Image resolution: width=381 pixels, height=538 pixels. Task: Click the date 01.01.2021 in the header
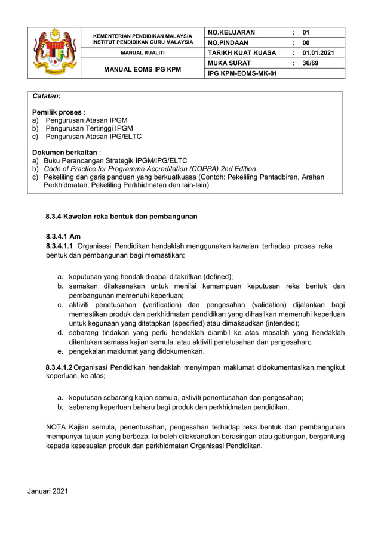click(318, 52)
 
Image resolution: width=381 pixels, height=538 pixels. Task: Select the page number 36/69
click(310, 63)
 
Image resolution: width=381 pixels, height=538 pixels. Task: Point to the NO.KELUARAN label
click(231, 32)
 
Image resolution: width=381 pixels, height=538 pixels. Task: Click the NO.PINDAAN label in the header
click(228, 42)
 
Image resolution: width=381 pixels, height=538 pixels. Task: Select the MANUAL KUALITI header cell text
click(142, 53)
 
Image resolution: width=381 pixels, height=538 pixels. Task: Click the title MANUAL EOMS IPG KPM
click(142, 69)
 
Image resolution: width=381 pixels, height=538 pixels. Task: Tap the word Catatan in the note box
click(46, 96)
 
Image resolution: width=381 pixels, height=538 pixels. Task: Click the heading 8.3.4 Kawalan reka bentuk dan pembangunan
click(121, 216)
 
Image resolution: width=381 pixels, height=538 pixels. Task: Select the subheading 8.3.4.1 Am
click(63, 236)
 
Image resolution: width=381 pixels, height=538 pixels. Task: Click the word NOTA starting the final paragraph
click(56, 427)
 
